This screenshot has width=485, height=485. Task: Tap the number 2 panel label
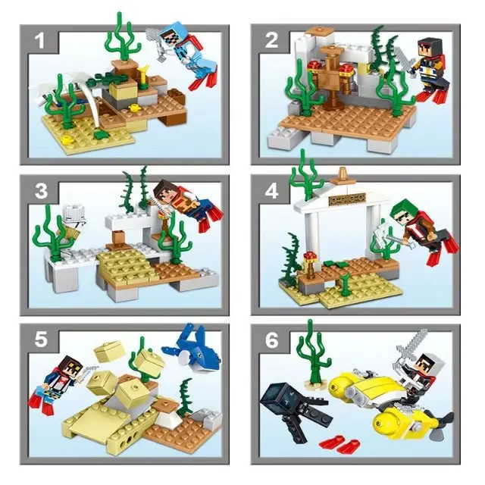coord(271,39)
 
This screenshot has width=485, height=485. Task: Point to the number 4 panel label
coord(271,191)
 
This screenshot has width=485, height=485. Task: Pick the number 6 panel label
coord(271,340)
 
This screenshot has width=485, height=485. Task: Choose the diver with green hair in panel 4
coord(413,227)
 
